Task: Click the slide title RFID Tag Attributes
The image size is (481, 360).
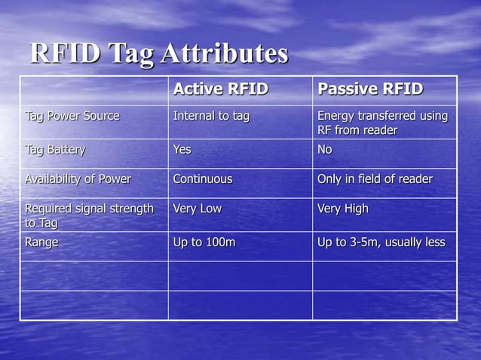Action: pyautogui.click(x=159, y=53)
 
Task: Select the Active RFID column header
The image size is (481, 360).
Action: pyautogui.click(x=221, y=90)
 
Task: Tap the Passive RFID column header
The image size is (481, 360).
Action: pyautogui.click(x=370, y=90)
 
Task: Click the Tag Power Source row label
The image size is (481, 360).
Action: pyautogui.click(x=72, y=116)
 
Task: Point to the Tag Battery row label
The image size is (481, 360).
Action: pyautogui.click(x=55, y=149)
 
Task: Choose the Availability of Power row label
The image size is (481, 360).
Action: pyautogui.click(x=78, y=179)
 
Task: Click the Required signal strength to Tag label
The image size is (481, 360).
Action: pyautogui.click(x=89, y=215)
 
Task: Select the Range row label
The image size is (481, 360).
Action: pyautogui.click(x=42, y=243)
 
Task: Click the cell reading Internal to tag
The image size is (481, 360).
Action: pyautogui.click(x=211, y=116)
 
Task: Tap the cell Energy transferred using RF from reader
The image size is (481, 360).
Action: pyautogui.click(x=382, y=124)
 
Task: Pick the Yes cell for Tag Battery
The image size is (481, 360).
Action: pyautogui.click(x=182, y=149)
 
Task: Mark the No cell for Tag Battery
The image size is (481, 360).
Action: pyautogui.click(x=325, y=149)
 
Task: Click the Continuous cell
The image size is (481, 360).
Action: pyautogui.click(x=203, y=179)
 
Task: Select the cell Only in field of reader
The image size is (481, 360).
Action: pyautogui.click(x=375, y=179)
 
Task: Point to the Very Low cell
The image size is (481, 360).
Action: pyautogui.click(x=198, y=209)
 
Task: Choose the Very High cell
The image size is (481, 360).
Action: pyautogui.click(x=343, y=209)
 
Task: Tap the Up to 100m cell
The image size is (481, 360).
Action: pyautogui.click(x=204, y=243)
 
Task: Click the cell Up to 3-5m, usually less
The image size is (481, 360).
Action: pyautogui.click(x=381, y=243)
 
